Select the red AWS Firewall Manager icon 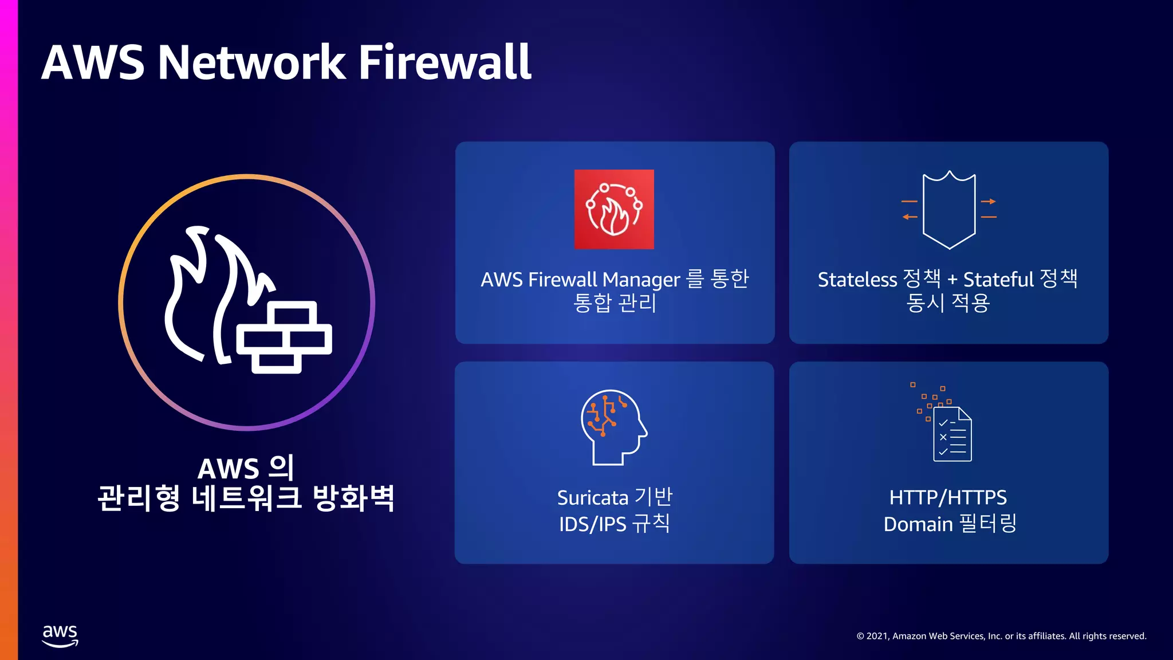tap(614, 209)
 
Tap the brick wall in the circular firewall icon tap(285, 337)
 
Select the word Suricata tap(592, 498)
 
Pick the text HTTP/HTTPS tap(948, 497)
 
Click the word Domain tap(918, 524)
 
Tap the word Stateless tap(857, 280)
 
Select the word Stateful tap(998, 280)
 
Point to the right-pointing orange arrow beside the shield tap(989, 202)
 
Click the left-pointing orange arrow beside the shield tap(910, 217)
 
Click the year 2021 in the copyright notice tap(877, 636)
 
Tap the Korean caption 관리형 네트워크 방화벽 tap(246, 498)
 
